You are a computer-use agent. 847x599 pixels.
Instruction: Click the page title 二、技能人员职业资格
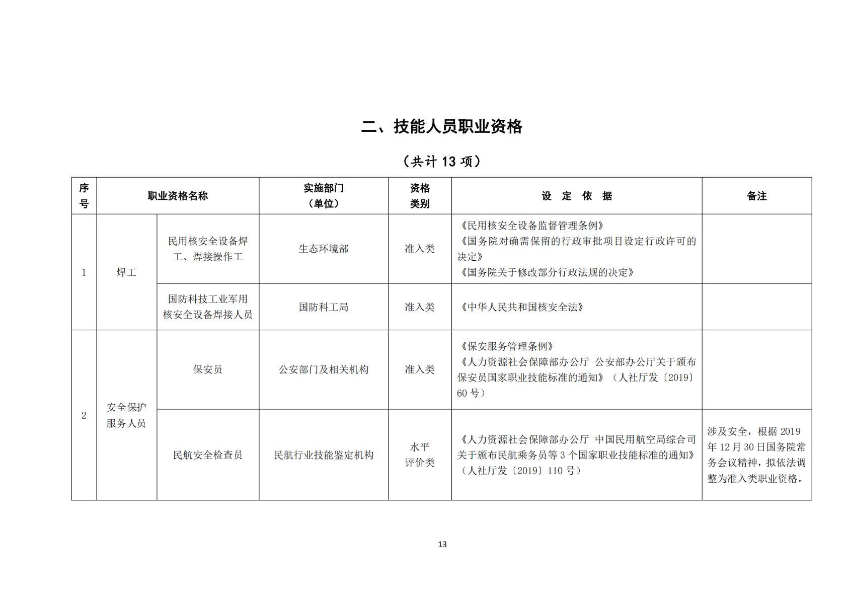pos(441,126)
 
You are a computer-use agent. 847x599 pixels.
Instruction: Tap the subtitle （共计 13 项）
pos(441,162)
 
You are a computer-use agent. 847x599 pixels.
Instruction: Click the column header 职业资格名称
pos(178,196)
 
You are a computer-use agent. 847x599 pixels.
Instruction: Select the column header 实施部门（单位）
pos(324,196)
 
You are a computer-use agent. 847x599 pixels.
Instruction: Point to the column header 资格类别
pos(420,196)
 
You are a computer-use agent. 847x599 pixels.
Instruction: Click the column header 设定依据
pos(577,196)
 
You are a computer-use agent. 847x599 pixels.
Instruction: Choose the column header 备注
pos(756,196)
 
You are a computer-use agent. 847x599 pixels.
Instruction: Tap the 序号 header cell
pos(84,196)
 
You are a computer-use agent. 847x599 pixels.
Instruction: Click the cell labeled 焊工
pos(126,272)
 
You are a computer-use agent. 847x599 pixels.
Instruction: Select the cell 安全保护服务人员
pos(126,415)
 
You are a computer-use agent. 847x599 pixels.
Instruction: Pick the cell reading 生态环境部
pos(324,249)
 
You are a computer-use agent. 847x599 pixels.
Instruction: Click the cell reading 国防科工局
pos(324,307)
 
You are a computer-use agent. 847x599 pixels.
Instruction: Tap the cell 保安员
pos(208,369)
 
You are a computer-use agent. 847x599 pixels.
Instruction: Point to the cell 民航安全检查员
pos(208,455)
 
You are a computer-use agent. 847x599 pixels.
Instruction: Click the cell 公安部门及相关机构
pos(324,369)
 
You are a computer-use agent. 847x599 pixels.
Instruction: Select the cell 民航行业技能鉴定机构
pos(324,455)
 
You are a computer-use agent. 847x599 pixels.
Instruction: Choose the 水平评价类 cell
pos(420,455)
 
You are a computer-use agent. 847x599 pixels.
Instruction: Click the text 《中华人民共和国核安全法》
pos(522,307)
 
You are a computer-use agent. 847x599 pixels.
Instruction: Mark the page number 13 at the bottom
pos(442,544)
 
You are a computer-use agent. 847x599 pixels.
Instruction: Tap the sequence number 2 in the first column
pos(84,415)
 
